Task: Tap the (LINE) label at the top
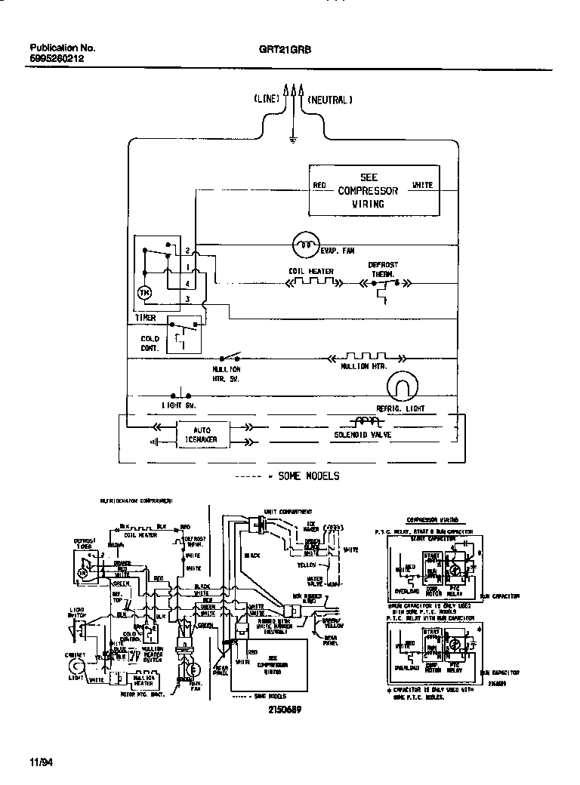click(267, 99)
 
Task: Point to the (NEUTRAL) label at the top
click(329, 99)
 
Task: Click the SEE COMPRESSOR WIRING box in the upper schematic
click(373, 191)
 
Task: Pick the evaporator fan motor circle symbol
click(305, 243)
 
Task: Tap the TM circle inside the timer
click(145, 291)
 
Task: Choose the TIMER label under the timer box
click(145, 318)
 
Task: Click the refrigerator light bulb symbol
click(401, 387)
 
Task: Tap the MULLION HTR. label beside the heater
click(364, 366)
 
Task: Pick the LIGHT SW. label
click(177, 405)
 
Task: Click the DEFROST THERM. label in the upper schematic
click(383, 269)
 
